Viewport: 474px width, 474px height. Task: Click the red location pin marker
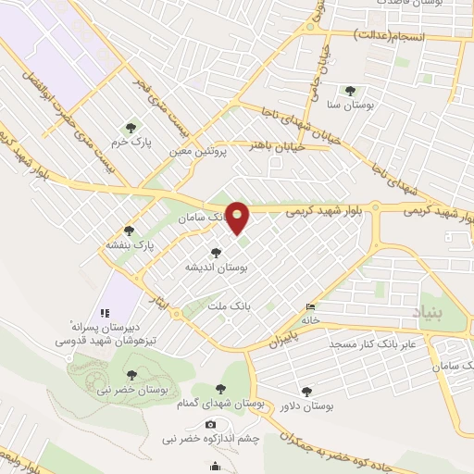click(x=238, y=218)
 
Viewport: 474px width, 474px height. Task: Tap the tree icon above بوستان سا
click(x=349, y=91)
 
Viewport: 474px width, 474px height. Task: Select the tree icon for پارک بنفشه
click(x=129, y=231)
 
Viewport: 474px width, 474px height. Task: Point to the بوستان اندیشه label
click(x=215, y=267)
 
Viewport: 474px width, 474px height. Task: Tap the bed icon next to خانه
click(x=310, y=308)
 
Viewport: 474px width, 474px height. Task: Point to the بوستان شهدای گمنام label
click(x=219, y=405)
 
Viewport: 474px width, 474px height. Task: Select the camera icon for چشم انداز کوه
click(x=211, y=424)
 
